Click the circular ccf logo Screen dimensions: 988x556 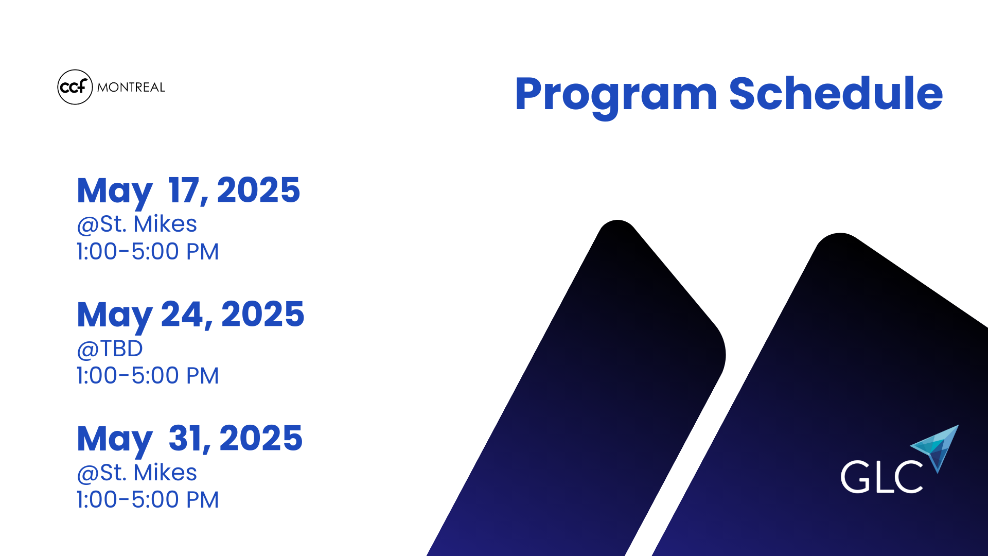point(75,87)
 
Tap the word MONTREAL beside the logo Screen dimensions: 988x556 point(131,88)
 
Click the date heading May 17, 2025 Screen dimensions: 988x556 point(188,192)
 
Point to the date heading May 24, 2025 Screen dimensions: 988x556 point(190,316)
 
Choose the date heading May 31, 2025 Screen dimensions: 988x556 point(189,440)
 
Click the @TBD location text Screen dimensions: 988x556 point(110,349)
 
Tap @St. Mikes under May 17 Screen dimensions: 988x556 point(137,224)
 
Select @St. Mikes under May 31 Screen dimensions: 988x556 point(137,473)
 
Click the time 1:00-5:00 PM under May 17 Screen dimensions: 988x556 point(148,252)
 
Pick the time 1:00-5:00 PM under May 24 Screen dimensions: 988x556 point(148,376)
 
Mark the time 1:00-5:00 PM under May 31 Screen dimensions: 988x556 point(148,500)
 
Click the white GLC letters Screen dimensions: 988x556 point(881,477)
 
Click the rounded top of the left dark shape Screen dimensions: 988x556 point(618,222)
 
